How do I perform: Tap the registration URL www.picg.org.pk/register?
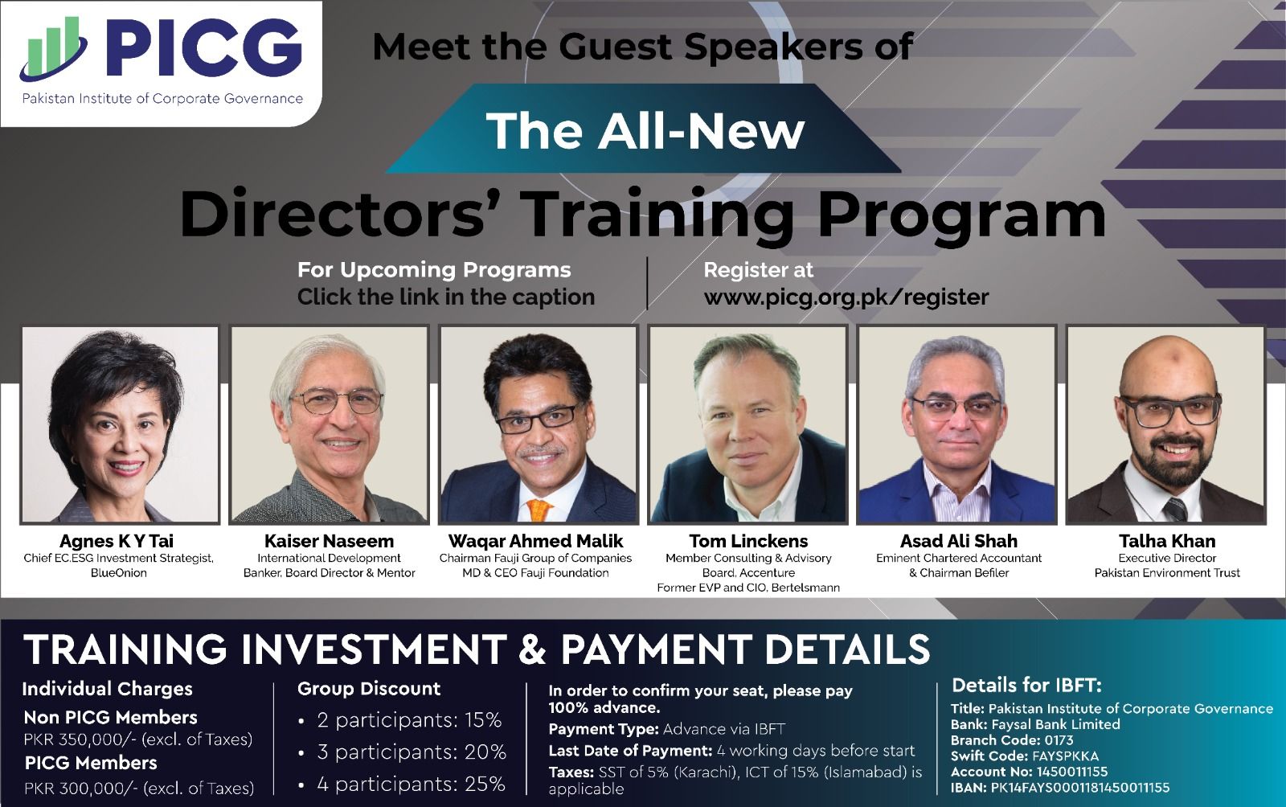(x=846, y=297)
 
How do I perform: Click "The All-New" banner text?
(x=645, y=131)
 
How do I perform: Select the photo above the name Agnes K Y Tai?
(x=120, y=424)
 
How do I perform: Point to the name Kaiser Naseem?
(x=329, y=541)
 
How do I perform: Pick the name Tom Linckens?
(x=748, y=541)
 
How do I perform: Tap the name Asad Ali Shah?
(x=958, y=541)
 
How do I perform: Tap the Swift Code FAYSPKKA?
(x=1065, y=756)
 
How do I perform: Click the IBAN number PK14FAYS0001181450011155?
(x=1080, y=788)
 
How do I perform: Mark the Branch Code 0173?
(x=1059, y=740)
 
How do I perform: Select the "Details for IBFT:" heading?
(x=1026, y=686)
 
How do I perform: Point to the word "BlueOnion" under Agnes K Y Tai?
(x=119, y=573)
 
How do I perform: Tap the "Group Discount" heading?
(x=369, y=688)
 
